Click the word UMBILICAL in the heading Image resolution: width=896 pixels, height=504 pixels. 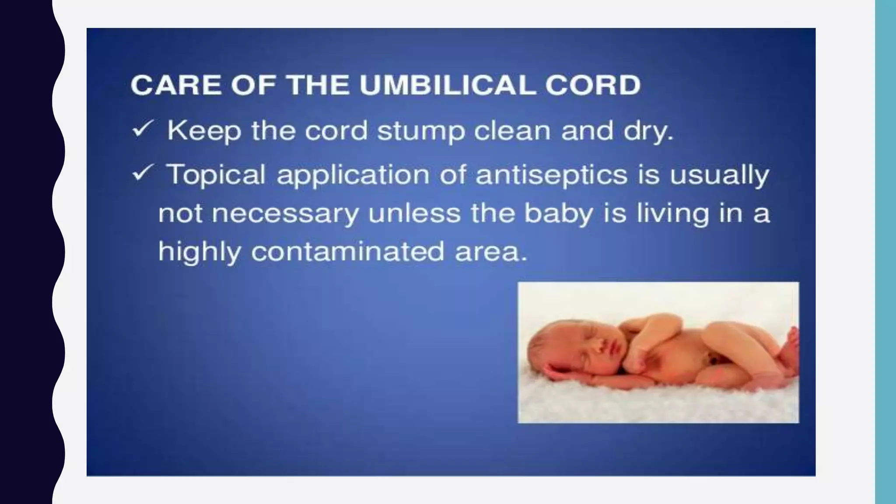447,85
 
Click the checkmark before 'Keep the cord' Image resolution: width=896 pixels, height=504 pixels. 142,129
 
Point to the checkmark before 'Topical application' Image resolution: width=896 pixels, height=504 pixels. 142,173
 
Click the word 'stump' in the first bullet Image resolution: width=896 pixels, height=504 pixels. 420,131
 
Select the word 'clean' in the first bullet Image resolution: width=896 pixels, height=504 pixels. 512,130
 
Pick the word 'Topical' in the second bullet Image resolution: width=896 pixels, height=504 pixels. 216,175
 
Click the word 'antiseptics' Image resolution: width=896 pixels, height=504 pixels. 551,175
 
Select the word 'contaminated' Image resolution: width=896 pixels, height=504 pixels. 347,252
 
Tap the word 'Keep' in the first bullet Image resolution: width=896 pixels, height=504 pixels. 204,131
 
